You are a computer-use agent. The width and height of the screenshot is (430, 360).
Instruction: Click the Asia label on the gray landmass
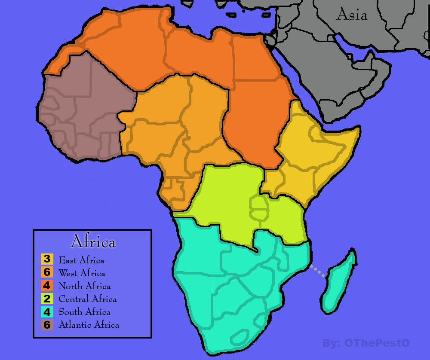coord(352,15)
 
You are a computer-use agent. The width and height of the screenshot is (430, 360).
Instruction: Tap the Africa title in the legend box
coord(93,241)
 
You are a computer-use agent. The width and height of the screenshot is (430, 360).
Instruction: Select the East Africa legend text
coord(81,260)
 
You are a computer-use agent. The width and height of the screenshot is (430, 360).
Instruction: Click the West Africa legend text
coord(82,273)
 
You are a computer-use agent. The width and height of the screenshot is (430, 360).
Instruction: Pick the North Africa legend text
coord(84,286)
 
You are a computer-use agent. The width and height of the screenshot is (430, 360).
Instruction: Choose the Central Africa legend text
coord(87,299)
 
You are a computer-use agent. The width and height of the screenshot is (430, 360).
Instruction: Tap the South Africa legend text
coord(84,312)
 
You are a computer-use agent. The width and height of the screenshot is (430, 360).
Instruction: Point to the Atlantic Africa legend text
coord(89,325)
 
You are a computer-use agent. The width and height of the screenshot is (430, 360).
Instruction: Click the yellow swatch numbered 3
coord(47,259)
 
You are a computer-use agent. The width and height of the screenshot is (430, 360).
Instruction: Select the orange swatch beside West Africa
coord(47,272)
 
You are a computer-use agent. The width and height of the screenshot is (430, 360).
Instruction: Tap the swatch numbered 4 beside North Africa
coord(47,285)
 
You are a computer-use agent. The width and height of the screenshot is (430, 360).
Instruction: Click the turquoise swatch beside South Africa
coord(47,311)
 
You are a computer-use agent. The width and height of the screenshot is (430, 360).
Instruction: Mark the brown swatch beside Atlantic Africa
coord(47,325)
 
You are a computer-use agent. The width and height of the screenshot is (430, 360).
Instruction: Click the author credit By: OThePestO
coord(365,343)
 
